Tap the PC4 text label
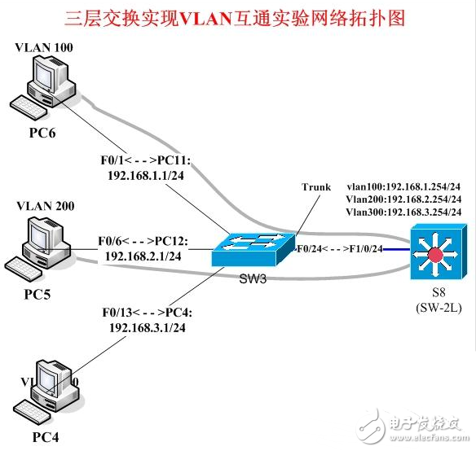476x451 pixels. [46, 439]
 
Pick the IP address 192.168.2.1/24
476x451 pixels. [143, 256]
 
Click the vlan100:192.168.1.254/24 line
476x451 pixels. [403, 186]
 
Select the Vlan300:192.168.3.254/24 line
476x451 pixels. [403, 212]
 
